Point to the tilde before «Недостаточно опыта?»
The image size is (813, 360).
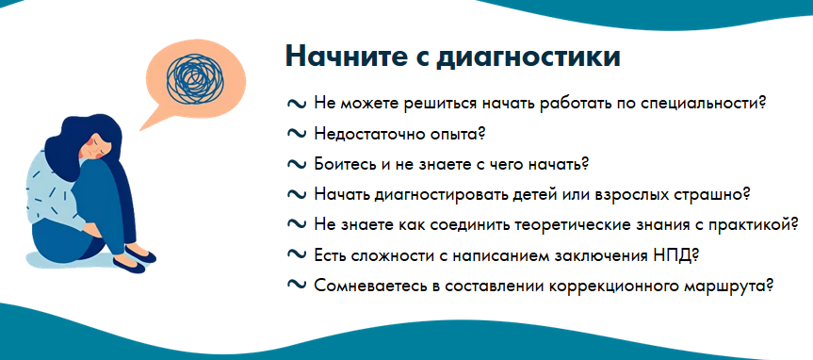click(x=296, y=133)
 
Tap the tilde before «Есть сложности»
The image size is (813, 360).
click(x=296, y=255)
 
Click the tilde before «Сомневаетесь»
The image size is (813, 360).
click(x=296, y=286)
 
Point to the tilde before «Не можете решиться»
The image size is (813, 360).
click(x=296, y=103)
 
